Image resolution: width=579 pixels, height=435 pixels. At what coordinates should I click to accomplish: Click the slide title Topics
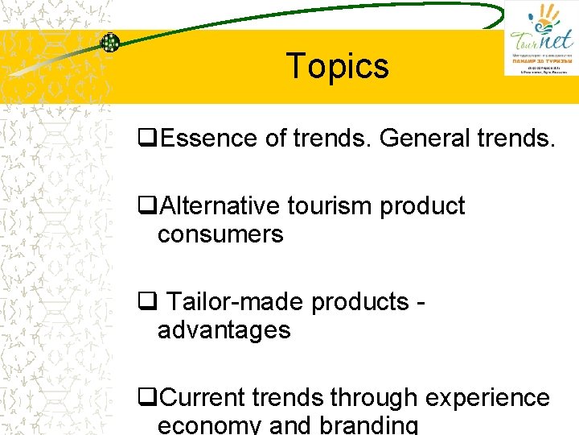click(338, 66)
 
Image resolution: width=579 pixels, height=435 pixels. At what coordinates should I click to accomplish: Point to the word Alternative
click(222, 206)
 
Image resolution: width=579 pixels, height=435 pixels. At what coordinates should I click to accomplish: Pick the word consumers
click(220, 234)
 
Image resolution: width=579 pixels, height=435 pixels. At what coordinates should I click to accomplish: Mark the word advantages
click(224, 330)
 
